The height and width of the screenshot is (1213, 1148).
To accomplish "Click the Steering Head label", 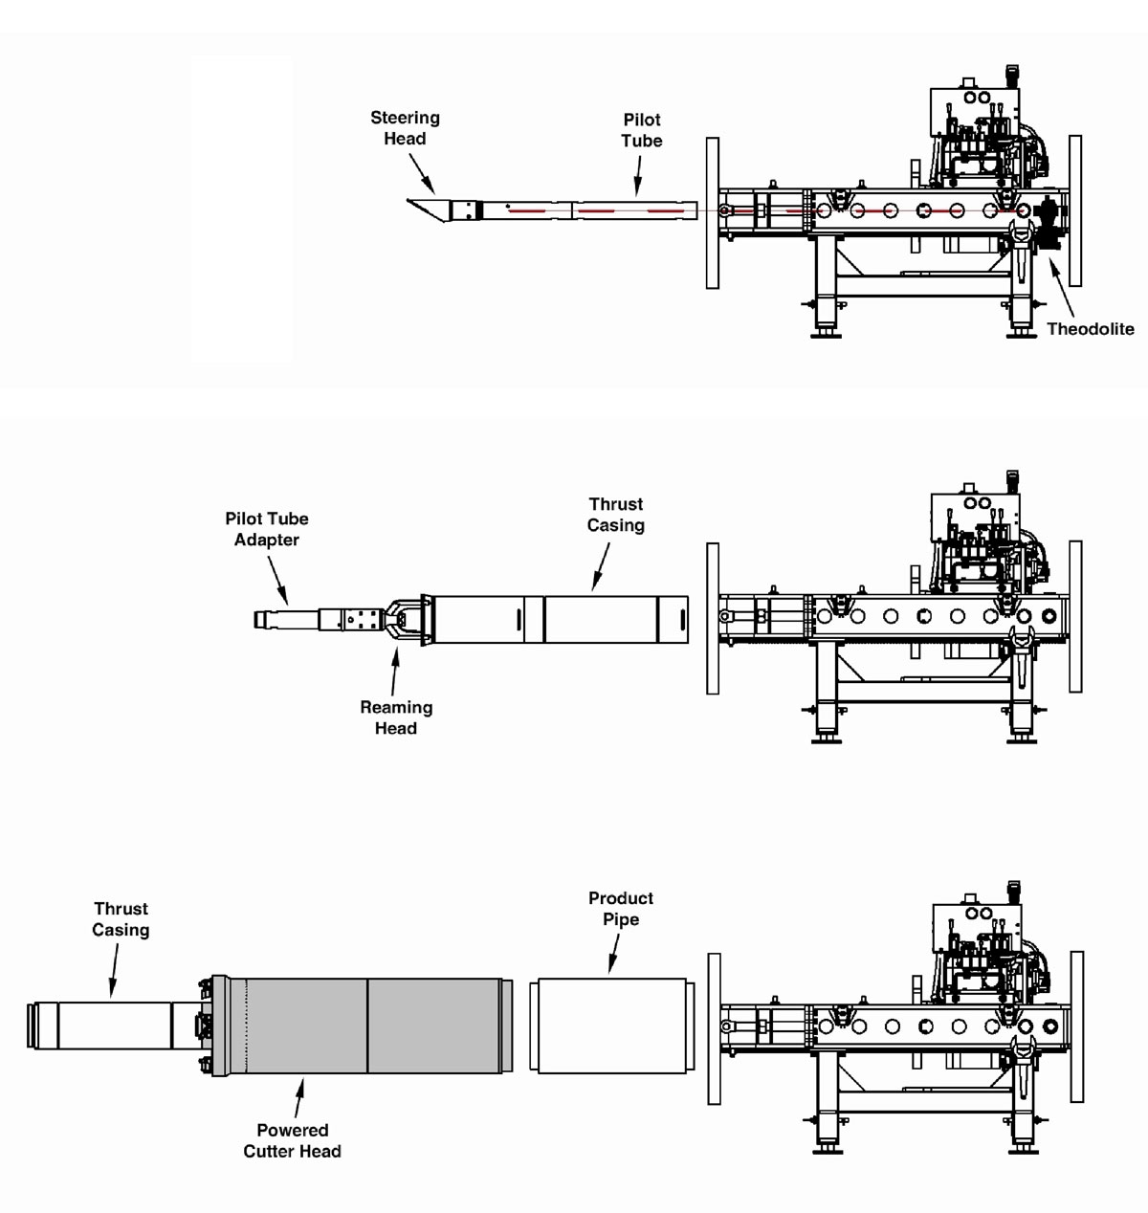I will (405, 128).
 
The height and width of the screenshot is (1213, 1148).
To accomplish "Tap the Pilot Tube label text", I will (641, 130).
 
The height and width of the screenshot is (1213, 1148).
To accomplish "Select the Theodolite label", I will (1090, 329).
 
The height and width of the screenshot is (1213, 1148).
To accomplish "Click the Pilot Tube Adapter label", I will (267, 529).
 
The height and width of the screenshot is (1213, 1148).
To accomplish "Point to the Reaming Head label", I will (396, 717).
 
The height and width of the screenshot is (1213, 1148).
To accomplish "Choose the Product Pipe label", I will (621, 909).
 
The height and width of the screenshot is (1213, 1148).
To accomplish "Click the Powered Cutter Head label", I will (292, 1140).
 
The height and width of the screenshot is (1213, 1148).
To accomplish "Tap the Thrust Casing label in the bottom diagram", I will (121, 919).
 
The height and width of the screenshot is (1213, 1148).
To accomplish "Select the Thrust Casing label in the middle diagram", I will (615, 515).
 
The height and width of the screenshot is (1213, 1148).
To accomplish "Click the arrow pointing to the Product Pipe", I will (613, 954).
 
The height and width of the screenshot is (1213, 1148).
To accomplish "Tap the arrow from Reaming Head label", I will (394, 670).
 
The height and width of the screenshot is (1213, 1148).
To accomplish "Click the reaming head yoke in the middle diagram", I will (404, 621).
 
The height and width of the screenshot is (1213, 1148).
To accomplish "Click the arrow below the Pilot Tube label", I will (637, 176).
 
